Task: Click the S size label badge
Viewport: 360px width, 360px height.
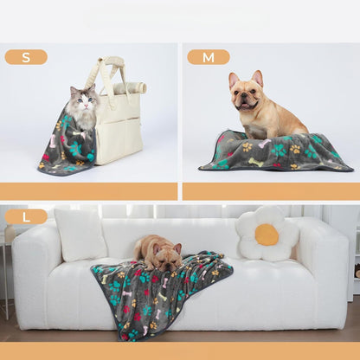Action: [x=26, y=57]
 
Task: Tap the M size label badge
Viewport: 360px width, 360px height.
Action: [x=208, y=57]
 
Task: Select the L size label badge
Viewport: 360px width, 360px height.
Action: [x=26, y=216]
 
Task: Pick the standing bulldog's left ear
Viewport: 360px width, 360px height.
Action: [x=233, y=80]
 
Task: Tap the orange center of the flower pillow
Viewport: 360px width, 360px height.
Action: [x=267, y=235]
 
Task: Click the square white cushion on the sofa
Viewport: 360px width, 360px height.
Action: [x=80, y=235]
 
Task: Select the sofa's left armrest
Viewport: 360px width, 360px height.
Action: [x=35, y=273]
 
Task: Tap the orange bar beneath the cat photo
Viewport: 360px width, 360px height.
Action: [x=89, y=191]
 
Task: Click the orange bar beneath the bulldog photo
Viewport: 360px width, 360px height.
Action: [x=270, y=191]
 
